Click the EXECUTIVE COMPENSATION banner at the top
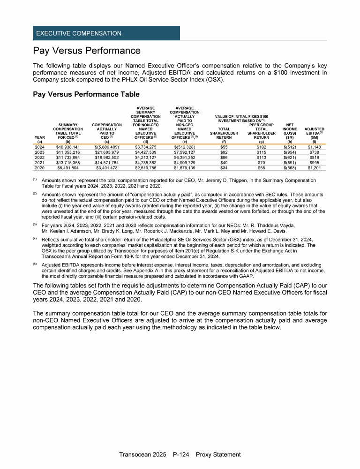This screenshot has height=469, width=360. (77, 33)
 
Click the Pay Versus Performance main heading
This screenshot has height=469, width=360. (87, 50)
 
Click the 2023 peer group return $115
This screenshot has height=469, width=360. (261, 152)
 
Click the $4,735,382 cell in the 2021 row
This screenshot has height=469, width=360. (145, 162)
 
